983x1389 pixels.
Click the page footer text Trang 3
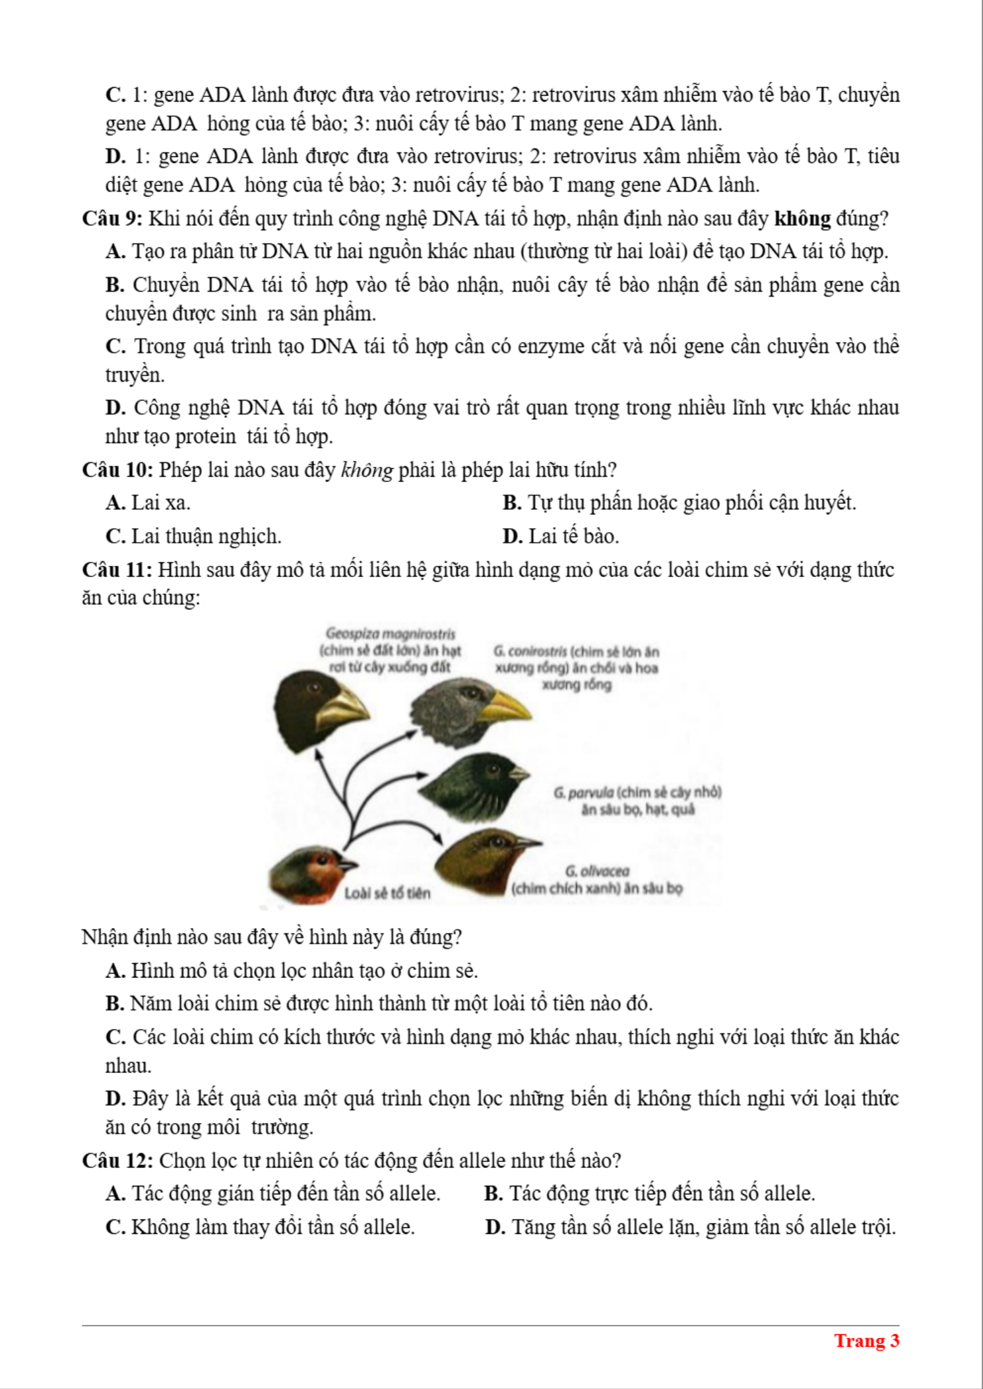point(866,1341)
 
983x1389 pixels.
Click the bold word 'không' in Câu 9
point(802,218)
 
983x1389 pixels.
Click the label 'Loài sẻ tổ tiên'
point(387,893)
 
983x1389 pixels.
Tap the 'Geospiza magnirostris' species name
point(391,634)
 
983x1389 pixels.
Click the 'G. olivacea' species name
point(597,871)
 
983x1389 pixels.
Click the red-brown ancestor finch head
point(307,874)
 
